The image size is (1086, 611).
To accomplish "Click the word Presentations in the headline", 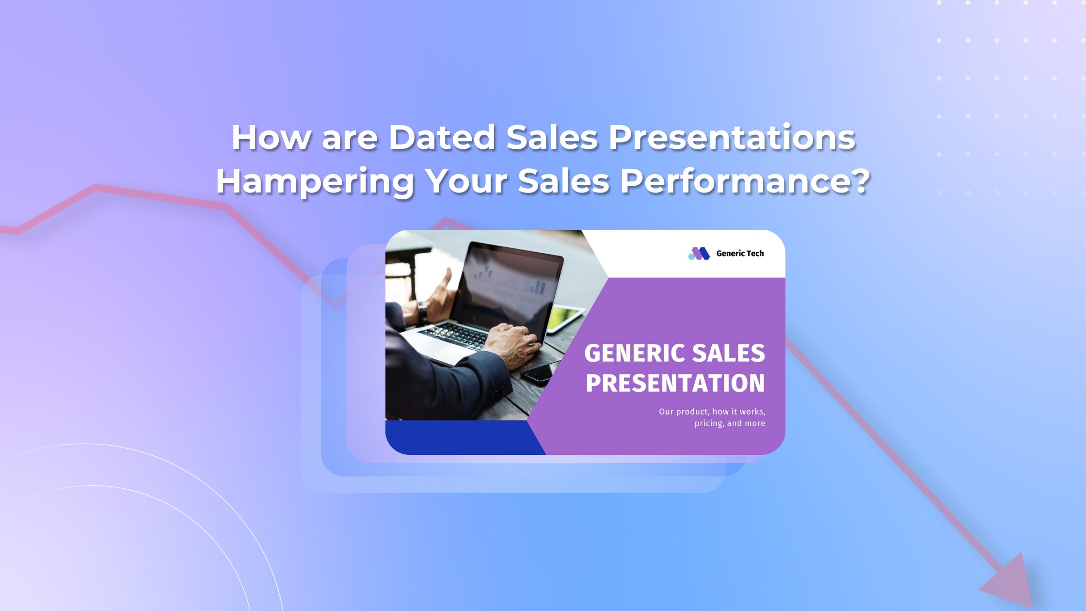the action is (x=732, y=137).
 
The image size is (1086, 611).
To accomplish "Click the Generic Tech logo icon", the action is (x=699, y=254).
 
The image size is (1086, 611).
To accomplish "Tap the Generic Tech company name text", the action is (x=740, y=254).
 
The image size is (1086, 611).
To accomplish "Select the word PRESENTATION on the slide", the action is (x=675, y=383).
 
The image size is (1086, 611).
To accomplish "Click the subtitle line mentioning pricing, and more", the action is (x=730, y=423).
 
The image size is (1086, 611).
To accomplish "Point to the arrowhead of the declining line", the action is (x=1011, y=582).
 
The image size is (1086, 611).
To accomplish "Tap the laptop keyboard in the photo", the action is (x=453, y=336).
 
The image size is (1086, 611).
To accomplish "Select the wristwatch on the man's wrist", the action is (x=422, y=312).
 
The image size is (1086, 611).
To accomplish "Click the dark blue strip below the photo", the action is (x=464, y=437).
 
